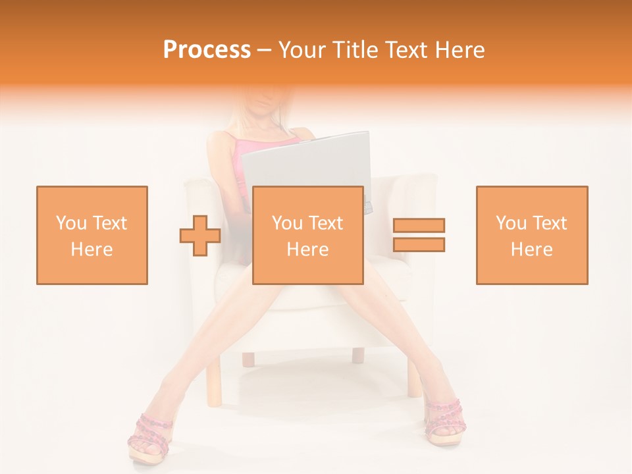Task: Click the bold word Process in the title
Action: pos(207,50)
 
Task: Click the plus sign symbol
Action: pos(200,235)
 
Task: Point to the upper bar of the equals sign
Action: pos(419,226)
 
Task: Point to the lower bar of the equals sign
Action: pos(419,244)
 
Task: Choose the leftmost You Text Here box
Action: pos(92,235)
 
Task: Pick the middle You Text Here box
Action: pos(308,235)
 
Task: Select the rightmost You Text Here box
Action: pos(532,235)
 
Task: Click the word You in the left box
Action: pos(70,223)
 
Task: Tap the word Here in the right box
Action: pos(532,250)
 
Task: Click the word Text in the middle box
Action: pos(326,223)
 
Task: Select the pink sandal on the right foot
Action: pos(442,421)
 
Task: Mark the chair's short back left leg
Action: pos(248,359)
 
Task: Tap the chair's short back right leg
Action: pos(357,355)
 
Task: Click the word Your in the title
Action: pos(305,50)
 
